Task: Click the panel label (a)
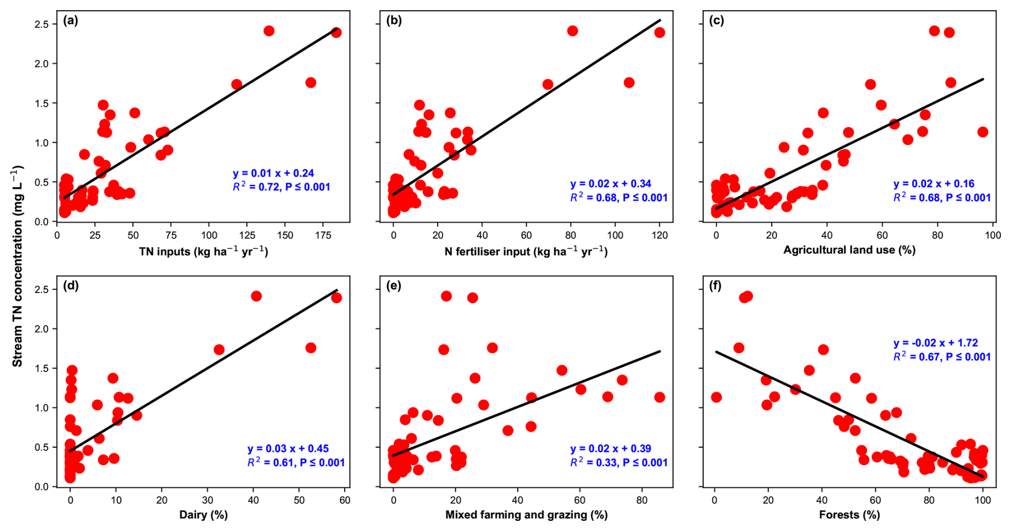coord(71,21)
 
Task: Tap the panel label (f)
coord(715,286)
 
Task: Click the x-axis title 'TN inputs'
coord(204,251)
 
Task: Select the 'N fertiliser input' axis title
coord(526,251)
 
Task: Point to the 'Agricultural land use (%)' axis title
coord(849,250)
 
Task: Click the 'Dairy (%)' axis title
coord(204,514)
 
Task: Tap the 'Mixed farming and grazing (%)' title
coord(526,514)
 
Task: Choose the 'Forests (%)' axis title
coord(849,514)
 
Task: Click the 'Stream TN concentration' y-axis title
coord(18,266)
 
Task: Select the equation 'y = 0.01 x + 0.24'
coord(273,173)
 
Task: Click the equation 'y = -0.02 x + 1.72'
coord(936,343)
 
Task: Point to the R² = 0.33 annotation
coord(618,463)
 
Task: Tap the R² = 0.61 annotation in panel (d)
coord(295,463)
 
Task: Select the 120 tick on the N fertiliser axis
coord(659,235)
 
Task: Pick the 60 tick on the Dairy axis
coord(345,500)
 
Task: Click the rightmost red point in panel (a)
coord(336,33)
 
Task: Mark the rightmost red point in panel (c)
coord(983,132)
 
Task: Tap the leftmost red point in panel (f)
coord(717,397)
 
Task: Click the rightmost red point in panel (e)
coord(659,397)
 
